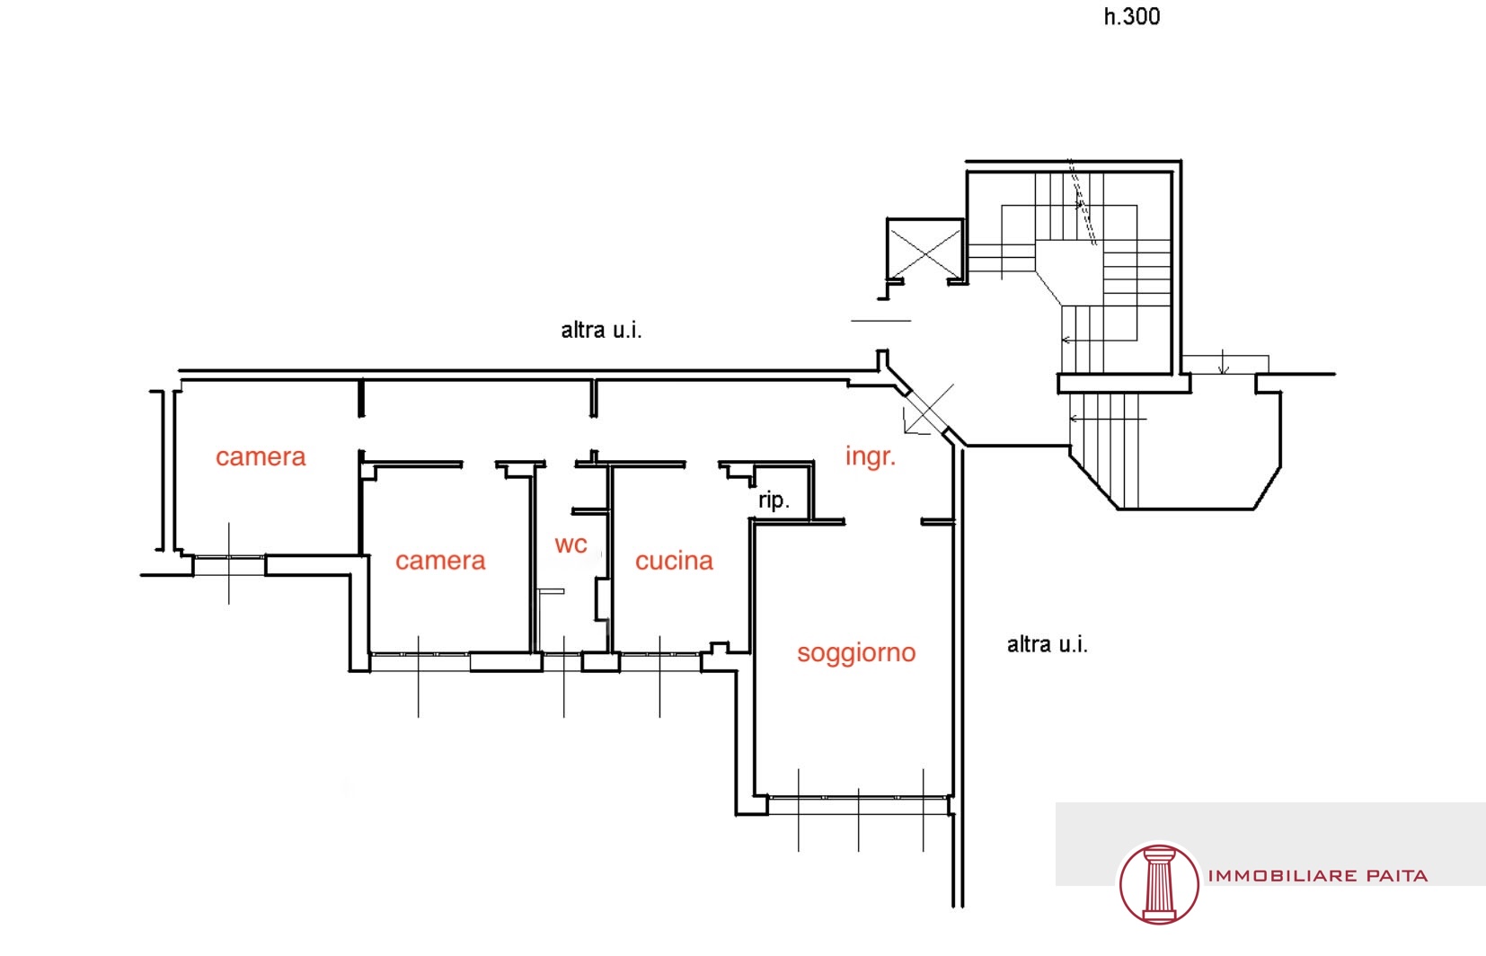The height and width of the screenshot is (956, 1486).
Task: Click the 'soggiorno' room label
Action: click(856, 653)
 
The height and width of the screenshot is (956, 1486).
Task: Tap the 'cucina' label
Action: click(674, 562)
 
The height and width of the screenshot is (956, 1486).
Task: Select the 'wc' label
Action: click(571, 544)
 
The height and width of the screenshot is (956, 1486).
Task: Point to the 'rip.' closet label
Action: click(774, 500)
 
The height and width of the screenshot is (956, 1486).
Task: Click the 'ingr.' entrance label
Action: click(871, 456)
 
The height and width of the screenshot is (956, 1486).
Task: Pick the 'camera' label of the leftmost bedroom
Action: click(261, 457)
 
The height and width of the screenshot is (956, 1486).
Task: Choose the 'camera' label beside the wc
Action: click(440, 562)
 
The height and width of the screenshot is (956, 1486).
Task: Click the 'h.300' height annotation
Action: click(1132, 16)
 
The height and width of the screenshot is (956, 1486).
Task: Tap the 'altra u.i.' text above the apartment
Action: click(601, 330)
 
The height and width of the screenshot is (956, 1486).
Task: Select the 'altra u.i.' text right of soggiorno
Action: click(1048, 644)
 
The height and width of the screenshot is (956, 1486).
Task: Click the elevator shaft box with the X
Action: click(924, 250)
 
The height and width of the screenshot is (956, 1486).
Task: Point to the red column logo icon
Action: click(1159, 884)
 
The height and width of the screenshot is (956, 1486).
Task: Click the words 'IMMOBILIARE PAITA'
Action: click(1317, 876)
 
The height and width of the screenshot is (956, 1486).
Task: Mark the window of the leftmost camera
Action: click(229, 564)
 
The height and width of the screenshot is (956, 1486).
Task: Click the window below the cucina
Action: click(659, 662)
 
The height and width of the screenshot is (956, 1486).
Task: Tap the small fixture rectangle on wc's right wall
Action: click(602, 599)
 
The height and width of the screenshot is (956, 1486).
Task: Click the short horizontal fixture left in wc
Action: click(551, 591)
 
